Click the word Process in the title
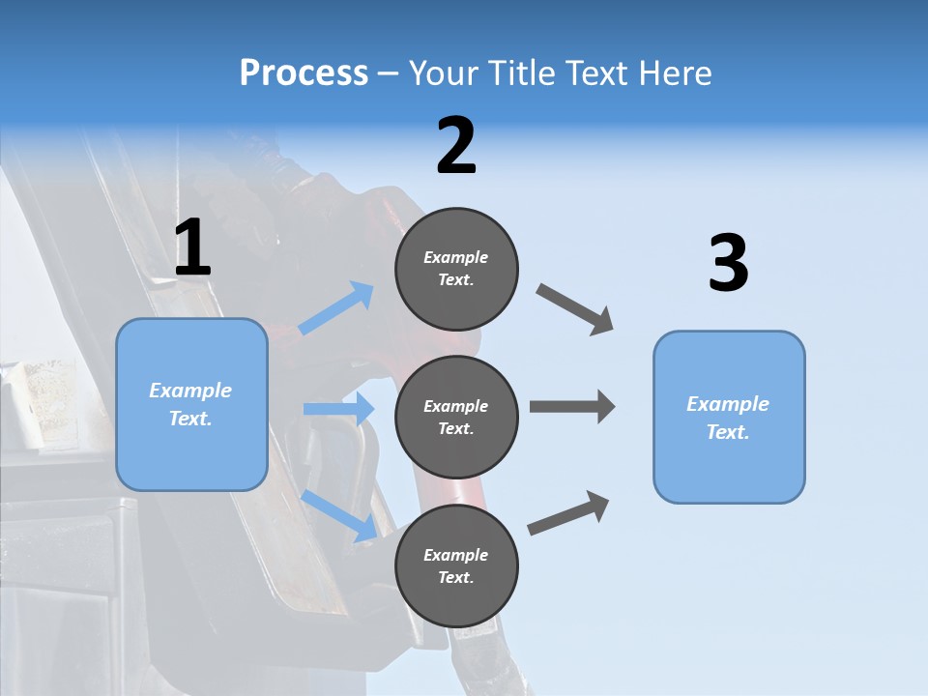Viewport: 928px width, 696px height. click(x=304, y=73)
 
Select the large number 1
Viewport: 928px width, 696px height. click(x=192, y=248)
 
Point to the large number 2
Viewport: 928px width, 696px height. click(x=456, y=146)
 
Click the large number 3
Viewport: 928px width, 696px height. click(x=728, y=264)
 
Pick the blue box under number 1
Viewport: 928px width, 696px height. click(x=191, y=404)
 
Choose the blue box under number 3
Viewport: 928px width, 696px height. click(x=729, y=418)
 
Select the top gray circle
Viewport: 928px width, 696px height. click(x=456, y=269)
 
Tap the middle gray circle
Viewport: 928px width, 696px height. click(x=456, y=417)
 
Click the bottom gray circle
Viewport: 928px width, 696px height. click(x=456, y=565)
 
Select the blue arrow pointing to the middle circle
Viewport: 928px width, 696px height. click(x=338, y=409)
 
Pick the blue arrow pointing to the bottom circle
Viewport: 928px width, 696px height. click(x=339, y=515)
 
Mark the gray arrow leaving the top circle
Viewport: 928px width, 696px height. click(x=575, y=308)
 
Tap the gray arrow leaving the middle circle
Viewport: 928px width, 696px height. click(x=572, y=407)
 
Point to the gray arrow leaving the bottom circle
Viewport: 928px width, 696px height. click(x=568, y=512)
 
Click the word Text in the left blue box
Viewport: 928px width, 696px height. click(x=189, y=420)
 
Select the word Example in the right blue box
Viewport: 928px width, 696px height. click(x=728, y=404)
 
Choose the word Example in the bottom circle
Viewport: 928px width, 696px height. click(x=456, y=555)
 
